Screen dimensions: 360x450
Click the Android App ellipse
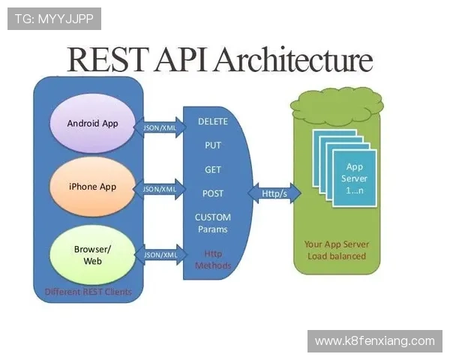(x=92, y=123)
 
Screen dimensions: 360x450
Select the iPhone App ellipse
(x=92, y=186)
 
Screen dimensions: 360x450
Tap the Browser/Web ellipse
(x=92, y=255)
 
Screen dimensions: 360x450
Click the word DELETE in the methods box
(x=213, y=121)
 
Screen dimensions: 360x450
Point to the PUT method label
(x=213, y=145)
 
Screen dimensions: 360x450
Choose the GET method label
(x=213, y=169)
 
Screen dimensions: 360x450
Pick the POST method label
(x=213, y=193)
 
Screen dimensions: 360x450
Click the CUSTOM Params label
(x=213, y=223)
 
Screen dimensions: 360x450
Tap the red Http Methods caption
(x=213, y=259)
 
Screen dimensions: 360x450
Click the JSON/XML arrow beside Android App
(x=160, y=127)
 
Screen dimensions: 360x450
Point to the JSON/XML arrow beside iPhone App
(x=160, y=189)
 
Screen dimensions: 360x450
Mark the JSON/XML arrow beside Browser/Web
(x=160, y=255)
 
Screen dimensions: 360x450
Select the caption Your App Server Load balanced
(x=336, y=250)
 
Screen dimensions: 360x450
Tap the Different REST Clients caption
(x=88, y=292)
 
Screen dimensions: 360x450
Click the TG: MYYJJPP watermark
(x=54, y=19)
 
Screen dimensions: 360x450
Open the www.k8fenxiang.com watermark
(x=374, y=341)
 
